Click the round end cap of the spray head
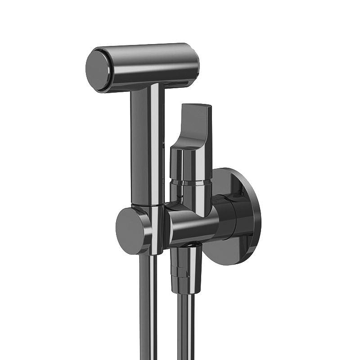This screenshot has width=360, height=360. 99,70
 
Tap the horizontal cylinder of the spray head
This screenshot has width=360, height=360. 153,65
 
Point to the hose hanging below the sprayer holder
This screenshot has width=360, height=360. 148,310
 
